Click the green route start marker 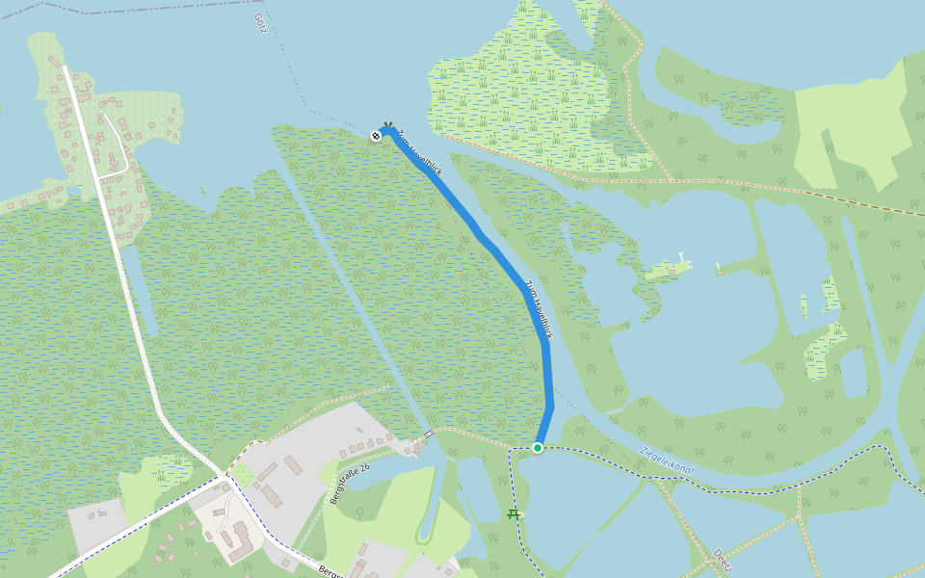click(538, 447)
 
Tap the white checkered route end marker click(376, 136)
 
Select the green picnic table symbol click(514, 515)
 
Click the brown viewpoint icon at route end click(387, 125)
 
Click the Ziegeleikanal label click(666, 460)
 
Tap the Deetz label click(723, 560)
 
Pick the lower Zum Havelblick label click(538, 308)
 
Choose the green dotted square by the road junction click(244, 476)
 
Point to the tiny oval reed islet click(804, 306)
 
